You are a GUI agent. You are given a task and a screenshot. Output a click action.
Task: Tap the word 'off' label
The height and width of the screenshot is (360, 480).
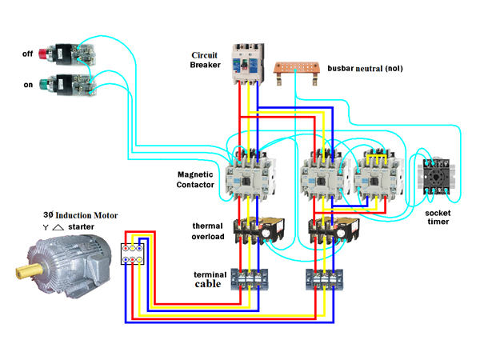coord(28,54)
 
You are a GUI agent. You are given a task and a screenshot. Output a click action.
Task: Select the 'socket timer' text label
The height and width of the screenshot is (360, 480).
coord(437,216)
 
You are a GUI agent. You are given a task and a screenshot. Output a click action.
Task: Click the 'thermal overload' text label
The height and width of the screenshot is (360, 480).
coord(207,231)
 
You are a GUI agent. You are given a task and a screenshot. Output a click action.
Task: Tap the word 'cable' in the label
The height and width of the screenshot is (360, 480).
coord(208,283)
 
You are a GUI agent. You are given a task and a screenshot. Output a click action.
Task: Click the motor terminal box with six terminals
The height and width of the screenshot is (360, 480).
coord(132,254)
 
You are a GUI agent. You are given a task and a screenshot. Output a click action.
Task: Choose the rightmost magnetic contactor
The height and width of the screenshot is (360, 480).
coord(375,174)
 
